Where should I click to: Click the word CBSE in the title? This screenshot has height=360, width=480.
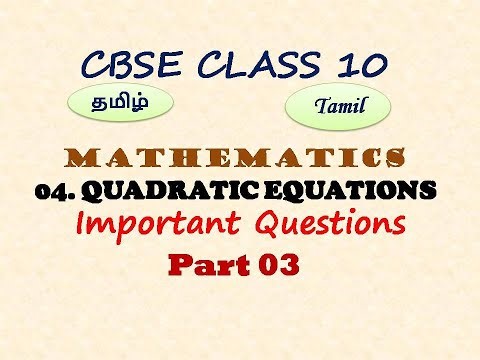tap(131, 68)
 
